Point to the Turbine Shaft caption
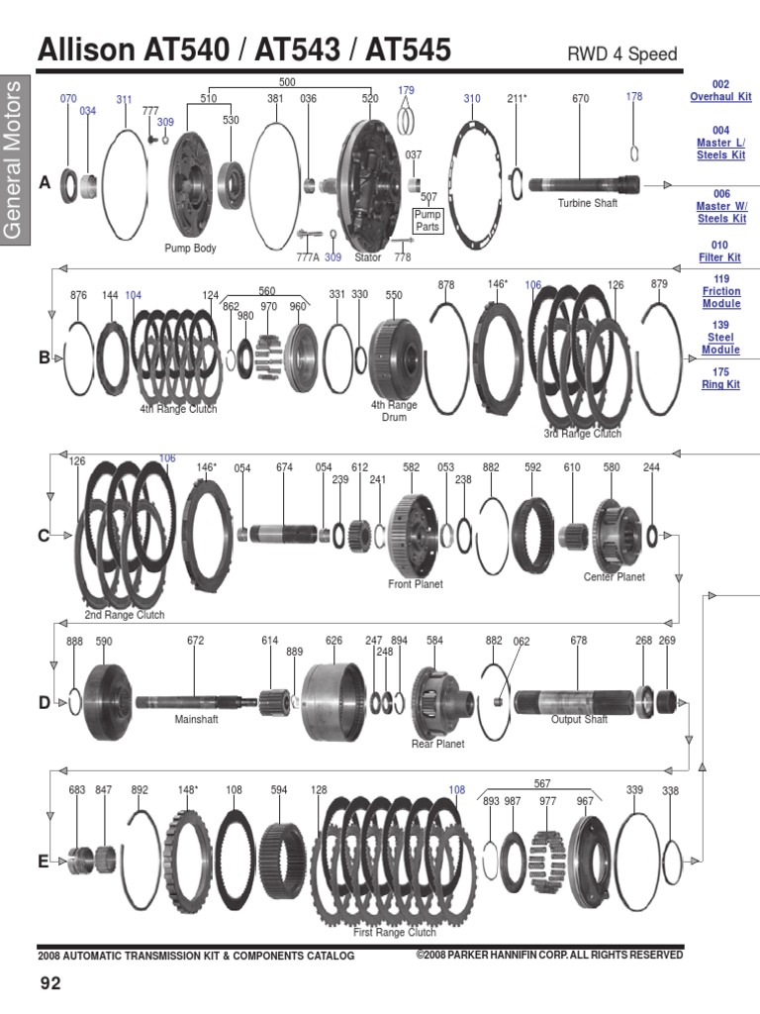587,203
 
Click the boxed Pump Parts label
427,220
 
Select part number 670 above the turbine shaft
580,99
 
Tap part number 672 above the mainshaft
195,641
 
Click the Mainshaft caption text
195,719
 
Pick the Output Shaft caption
579,720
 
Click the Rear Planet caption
437,744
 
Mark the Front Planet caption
415,584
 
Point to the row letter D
44,703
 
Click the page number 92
50,983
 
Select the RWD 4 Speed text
621,54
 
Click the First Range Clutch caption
395,932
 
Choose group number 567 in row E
541,783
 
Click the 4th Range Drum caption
394,411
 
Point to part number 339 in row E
634,790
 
